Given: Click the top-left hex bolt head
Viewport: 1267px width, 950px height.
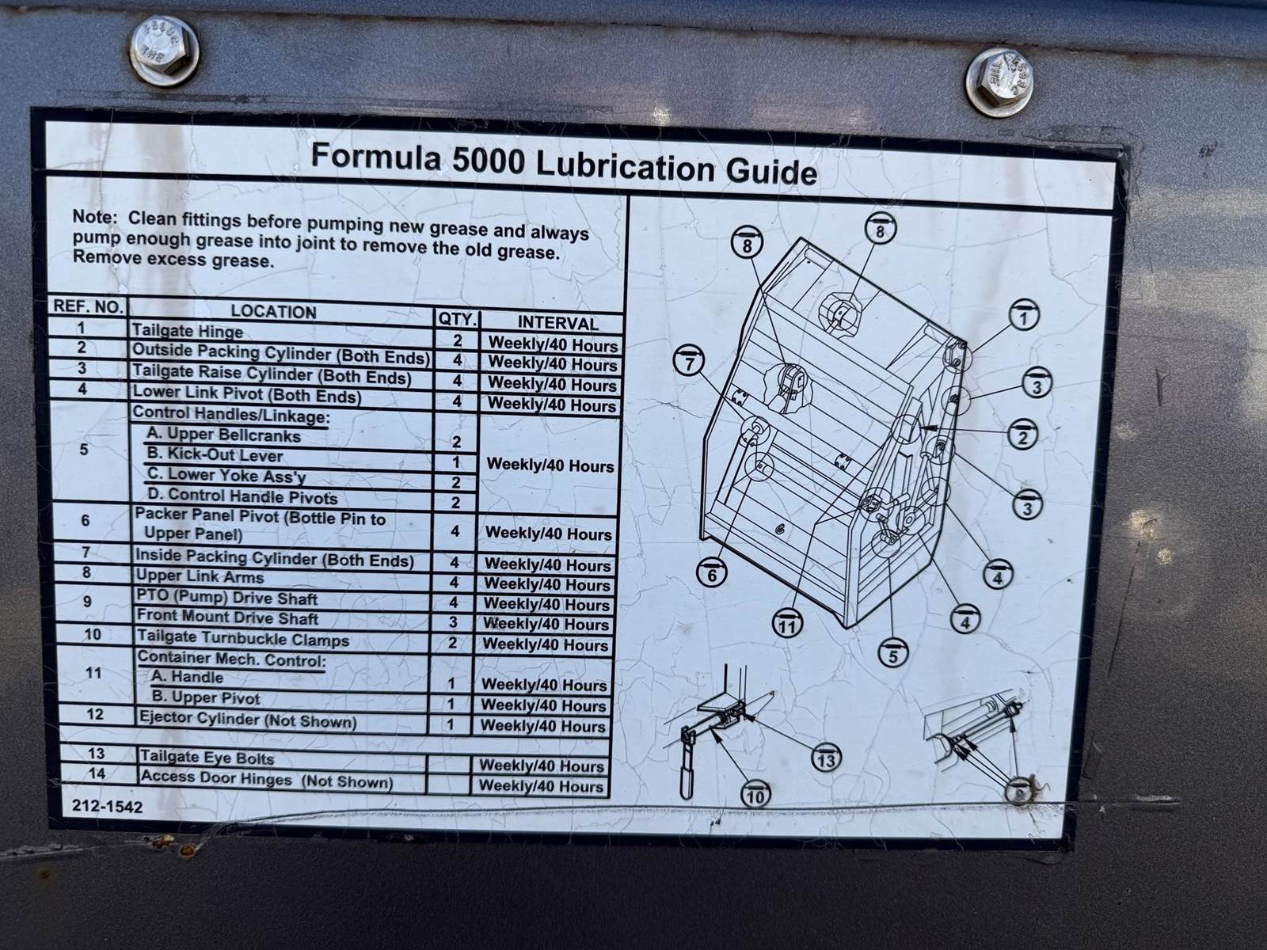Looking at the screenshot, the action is coord(165,51).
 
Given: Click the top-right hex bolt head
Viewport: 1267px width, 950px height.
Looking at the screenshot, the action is coord(999,82).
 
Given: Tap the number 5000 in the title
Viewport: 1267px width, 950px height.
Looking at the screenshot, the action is coord(488,161).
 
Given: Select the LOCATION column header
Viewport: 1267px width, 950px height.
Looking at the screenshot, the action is coord(274,312).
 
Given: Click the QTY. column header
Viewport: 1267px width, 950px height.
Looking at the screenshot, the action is coord(458,319).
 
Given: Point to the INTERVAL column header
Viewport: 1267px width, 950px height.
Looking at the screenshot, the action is coord(557,323).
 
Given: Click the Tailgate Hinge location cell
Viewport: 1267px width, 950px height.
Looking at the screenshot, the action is coord(188,331).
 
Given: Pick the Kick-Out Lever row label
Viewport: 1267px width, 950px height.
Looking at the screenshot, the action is coord(215,455).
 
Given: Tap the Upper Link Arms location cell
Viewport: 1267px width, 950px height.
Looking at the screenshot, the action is coord(200,576).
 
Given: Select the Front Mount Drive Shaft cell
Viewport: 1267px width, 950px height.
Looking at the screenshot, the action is coord(227,617).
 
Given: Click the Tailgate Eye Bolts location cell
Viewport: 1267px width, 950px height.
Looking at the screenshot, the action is coord(207,757).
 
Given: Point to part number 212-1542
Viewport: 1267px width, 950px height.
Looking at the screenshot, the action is coord(108,807).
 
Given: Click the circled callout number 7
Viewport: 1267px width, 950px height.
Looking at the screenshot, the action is coord(689,363).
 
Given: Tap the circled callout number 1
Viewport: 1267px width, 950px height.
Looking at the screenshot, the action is coord(1024,317).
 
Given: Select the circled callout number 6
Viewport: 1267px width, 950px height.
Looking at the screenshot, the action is coord(712,574).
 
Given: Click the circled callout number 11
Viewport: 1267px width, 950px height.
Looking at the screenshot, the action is coord(787,625).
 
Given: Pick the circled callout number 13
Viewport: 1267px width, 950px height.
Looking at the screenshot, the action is coord(826,759).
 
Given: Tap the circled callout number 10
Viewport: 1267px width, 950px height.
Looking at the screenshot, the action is coord(755,795).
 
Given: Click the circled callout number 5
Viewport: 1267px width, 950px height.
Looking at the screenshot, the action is coord(893,654).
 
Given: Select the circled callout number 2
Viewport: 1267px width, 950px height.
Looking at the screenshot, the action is coord(1023,435).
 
